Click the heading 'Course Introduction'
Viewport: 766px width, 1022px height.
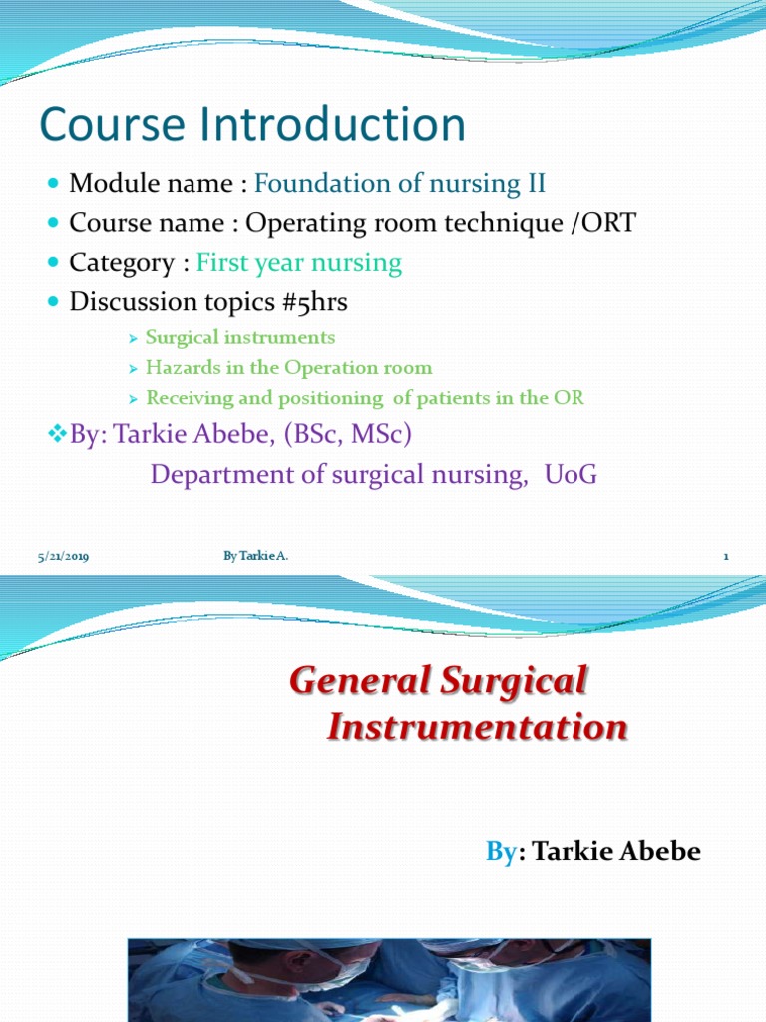252,126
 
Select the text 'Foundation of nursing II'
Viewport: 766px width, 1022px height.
400,184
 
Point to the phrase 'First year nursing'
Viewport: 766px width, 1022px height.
299,263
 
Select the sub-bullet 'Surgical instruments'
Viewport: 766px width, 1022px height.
239,338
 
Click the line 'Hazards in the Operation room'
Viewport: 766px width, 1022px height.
288,368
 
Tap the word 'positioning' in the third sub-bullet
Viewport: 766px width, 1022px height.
325,398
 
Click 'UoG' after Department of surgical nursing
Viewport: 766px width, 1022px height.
571,475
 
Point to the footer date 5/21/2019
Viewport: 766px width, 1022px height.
63,557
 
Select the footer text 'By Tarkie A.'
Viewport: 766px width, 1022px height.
256,556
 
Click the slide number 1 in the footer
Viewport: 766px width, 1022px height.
726,557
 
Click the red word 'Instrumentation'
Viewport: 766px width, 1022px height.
478,727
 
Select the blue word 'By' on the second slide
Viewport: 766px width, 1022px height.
499,851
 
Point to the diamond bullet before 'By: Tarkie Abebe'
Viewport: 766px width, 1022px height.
56,435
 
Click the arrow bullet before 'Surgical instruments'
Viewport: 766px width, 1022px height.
133,338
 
